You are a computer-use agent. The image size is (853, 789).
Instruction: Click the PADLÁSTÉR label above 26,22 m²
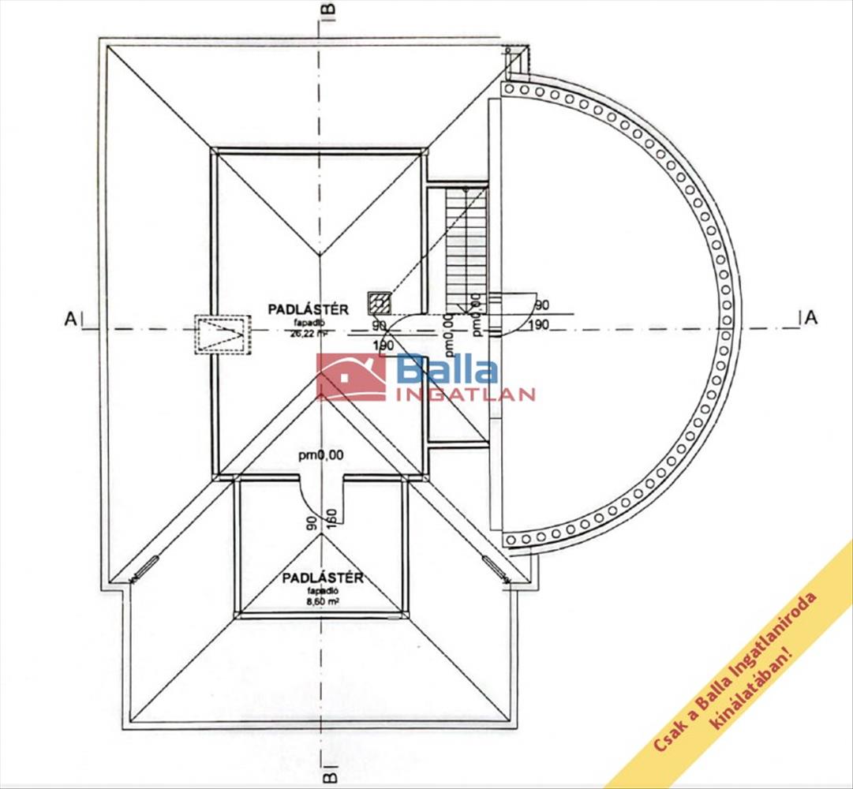(x=308, y=310)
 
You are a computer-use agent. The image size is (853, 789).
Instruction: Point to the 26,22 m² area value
(x=307, y=333)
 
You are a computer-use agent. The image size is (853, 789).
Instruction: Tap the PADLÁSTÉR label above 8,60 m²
(x=322, y=578)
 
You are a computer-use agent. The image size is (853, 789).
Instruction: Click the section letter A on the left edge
(x=70, y=319)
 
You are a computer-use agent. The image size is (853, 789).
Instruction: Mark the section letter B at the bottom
(x=329, y=777)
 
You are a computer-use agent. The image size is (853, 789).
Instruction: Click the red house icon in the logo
(x=351, y=377)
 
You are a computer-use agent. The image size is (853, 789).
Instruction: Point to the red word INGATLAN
(x=466, y=394)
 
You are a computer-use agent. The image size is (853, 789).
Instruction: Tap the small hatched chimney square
(x=379, y=302)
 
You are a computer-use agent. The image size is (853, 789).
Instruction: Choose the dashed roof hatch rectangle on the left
(x=223, y=335)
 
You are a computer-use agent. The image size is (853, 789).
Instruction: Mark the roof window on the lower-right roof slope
(x=495, y=568)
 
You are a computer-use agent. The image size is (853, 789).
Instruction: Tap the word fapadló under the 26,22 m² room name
(x=307, y=322)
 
